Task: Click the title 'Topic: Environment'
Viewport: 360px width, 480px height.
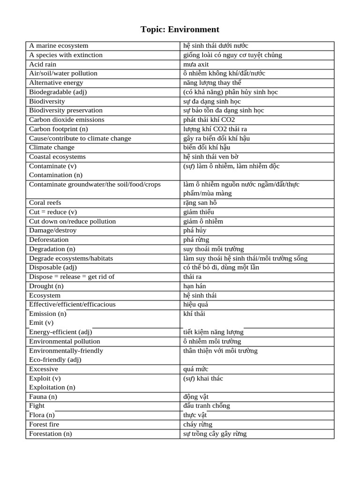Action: point(180,30)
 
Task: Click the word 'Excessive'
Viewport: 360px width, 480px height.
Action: point(44,369)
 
